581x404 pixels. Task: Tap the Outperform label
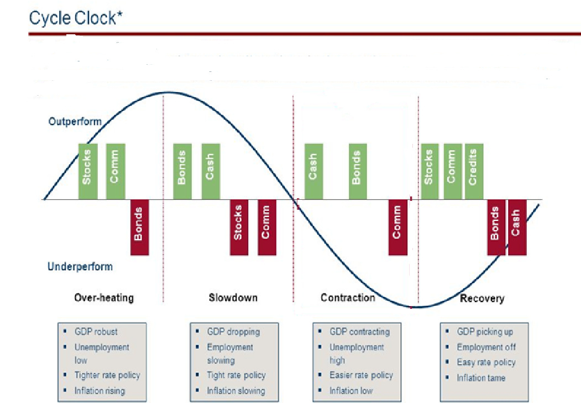pyautogui.click(x=75, y=121)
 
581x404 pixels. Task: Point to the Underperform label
pyautogui.click(x=80, y=267)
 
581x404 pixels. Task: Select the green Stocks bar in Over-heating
pyautogui.click(x=87, y=171)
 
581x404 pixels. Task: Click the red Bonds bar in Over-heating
pyautogui.click(x=139, y=227)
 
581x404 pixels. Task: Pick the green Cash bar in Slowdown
pyautogui.click(x=210, y=171)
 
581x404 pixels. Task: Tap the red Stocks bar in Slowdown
pyautogui.click(x=239, y=227)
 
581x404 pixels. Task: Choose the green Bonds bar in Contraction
pyautogui.click(x=357, y=171)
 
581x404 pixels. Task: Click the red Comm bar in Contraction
pyautogui.click(x=397, y=227)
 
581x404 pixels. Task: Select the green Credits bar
pyautogui.click(x=474, y=171)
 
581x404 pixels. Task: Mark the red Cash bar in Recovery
pyautogui.click(x=516, y=227)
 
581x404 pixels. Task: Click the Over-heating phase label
pyautogui.click(x=104, y=298)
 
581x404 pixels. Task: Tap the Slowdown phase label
pyautogui.click(x=233, y=298)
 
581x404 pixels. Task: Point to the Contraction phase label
pyautogui.click(x=348, y=298)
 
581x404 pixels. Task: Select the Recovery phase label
pyautogui.click(x=482, y=298)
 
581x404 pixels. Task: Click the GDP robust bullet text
pyautogui.click(x=96, y=332)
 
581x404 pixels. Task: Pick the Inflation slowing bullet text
pyautogui.click(x=236, y=391)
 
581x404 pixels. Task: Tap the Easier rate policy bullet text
pyautogui.click(x=361, y=375)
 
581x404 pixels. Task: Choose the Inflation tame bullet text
pyautogui.click(x=481, y=378)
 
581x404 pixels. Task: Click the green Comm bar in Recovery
pyautogui.click(x=452, y=171)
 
